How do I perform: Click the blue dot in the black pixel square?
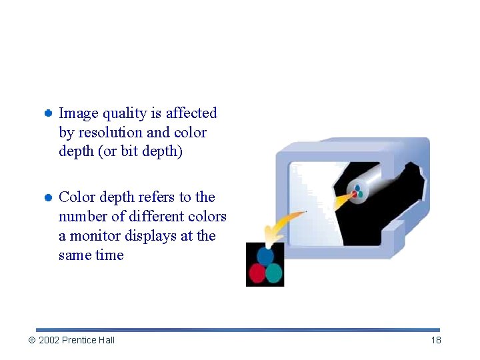[265, 256]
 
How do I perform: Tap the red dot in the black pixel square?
[257, 273]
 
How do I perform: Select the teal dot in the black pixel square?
[274, 273]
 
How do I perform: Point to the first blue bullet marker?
[49, 114]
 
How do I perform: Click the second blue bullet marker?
[49, 198]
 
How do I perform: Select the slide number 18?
[436, 340]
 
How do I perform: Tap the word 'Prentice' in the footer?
[79, 340]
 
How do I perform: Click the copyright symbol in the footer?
[31, 340]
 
